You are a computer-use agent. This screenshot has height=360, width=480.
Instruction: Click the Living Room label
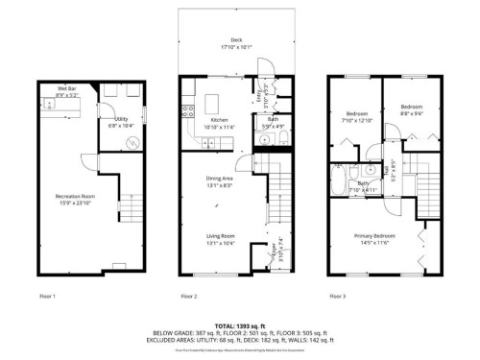222,240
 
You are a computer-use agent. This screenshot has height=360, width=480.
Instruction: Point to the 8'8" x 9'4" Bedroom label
412,108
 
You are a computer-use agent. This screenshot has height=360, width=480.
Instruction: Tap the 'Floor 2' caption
189,297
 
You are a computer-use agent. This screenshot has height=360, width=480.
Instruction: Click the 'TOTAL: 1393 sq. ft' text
240,326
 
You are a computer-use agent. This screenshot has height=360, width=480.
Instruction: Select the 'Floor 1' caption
46,297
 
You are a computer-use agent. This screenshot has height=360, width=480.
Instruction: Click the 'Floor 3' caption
337,297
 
